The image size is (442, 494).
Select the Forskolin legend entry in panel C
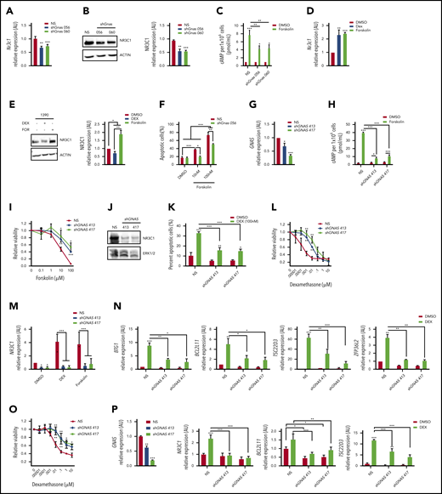point(320,22)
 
